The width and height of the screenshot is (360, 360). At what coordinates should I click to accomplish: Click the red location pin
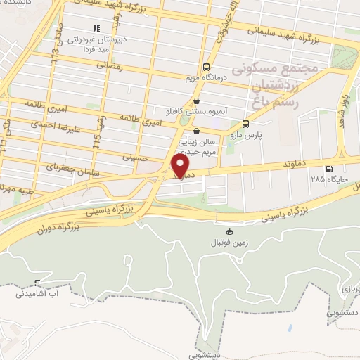point(181,165)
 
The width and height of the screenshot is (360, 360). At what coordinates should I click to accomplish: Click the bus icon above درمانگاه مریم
point(205,67)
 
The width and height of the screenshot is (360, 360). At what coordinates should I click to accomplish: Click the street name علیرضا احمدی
point(53,127)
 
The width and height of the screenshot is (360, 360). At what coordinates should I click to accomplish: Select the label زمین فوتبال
point(228,243)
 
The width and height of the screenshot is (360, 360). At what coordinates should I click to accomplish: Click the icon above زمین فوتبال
point(228,231)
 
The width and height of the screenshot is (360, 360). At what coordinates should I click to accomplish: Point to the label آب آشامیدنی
point(39,294)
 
